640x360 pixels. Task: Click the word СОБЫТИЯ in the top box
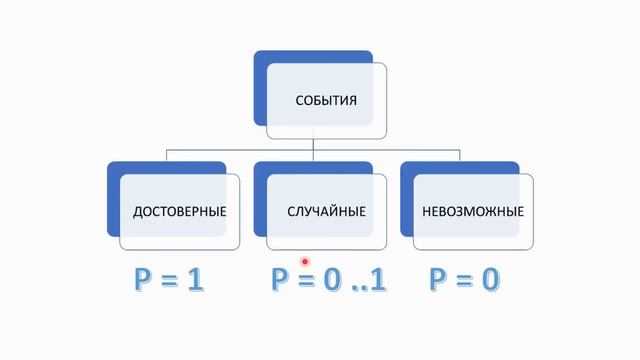(x=326, y=100)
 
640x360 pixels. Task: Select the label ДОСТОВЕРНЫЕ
(x=180, y=212)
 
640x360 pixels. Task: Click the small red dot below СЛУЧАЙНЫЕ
(x=305, y=262)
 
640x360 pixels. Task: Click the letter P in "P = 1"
(x=144, y=280)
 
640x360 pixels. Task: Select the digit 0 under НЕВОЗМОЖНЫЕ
(x=489, y=280)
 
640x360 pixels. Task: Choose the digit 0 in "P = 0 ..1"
(x=331, y=280)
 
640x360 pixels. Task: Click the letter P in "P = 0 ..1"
(x=281, y=280)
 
